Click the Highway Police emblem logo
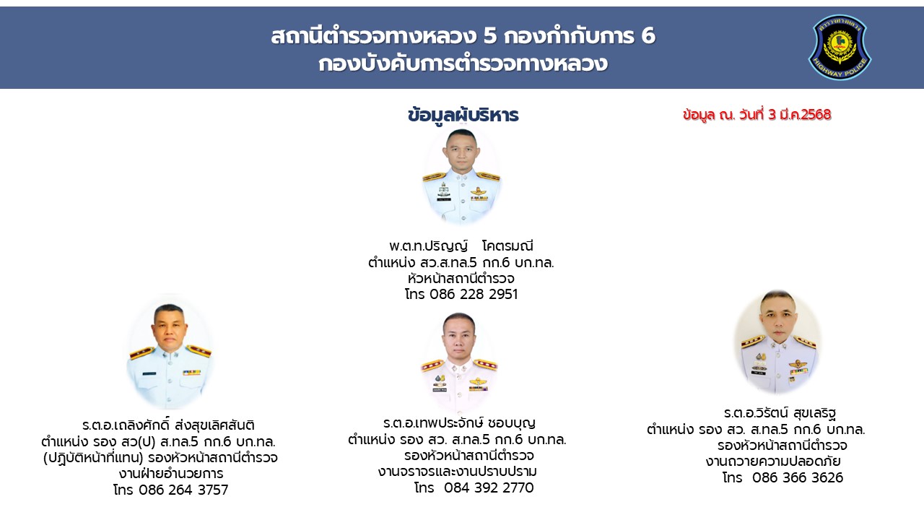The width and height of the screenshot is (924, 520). pyautogui.click(x=840, y=47)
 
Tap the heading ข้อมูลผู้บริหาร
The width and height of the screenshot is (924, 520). pyautogui.click(x=463, y=115)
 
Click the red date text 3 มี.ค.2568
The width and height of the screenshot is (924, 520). pyautogui.click(x=799, y=114)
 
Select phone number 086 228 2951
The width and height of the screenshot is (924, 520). pyautogui.click(x=474, y=294)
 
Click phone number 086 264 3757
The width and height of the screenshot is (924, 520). pyautogui.click(x=183, y=490)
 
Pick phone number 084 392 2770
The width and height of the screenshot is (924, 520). pyautogui.click(x=489, y=487)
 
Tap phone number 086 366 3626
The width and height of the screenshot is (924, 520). pyautogui.click(x=798, y=477)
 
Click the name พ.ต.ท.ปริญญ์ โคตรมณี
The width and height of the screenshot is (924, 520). pyautogui.click(x=461, y=246)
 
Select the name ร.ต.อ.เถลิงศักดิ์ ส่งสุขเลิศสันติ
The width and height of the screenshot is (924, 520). pyautogui.click(x=168, y=425)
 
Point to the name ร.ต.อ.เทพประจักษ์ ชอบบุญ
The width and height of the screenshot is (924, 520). pyautogui.click(x=459, y=422)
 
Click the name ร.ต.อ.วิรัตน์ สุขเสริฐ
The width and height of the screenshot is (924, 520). pyautogui.click(x=780, y=412)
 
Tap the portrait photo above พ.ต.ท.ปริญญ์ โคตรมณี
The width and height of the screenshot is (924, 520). pyautogui.click(x=461, y=176)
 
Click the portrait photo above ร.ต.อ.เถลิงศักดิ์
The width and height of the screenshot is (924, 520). pyautogui.click(x=170, y=352)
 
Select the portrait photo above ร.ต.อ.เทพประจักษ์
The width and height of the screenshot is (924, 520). pyautogui.click(x=459, y=362)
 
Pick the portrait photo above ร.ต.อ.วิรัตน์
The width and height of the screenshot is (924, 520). pyautogui.click(x=778, y=342)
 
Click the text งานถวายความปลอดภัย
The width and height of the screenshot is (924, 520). pyautogui.click(x=773, y=461)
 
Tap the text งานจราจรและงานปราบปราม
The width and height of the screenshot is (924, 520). pyautogui.click(x=458, y=472)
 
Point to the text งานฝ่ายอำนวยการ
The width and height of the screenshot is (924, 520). pyautogui.click(x=171, y=473)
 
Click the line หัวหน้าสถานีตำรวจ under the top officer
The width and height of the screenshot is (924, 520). pyautogui.click(x=461, y=278)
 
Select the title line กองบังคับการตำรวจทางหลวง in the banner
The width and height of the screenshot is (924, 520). pyautogui.click(x=463, y=64)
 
